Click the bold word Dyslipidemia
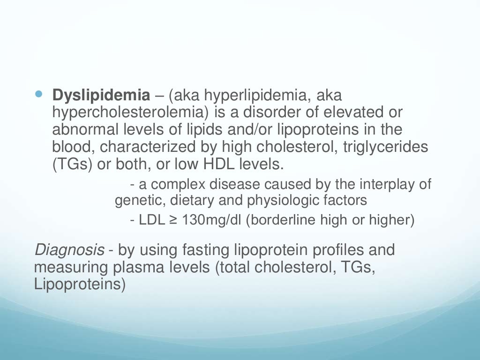pos(101,96)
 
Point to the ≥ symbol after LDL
pos(173,220)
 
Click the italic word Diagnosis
pos(69,250)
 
